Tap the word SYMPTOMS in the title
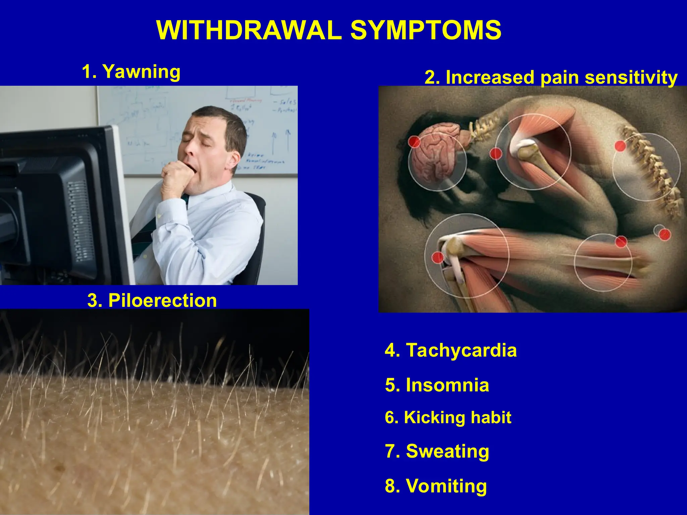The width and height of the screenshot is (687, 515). click(426, 30)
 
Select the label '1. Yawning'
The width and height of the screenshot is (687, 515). click(131, 71)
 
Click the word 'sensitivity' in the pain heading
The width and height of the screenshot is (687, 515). click(631, 77)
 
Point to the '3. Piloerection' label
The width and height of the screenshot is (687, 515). click(152, 300)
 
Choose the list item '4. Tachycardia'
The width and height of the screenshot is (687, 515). click(451, 350)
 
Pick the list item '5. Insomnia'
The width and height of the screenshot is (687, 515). click(437, 385)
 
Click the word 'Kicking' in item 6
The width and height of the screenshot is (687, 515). click(434, 417)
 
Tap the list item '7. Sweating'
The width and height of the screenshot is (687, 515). click(437, 451)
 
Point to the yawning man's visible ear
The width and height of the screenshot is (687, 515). click(235, 160)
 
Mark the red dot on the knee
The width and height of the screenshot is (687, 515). click(437, 257)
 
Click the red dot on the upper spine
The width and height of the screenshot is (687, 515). click(620, 146)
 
